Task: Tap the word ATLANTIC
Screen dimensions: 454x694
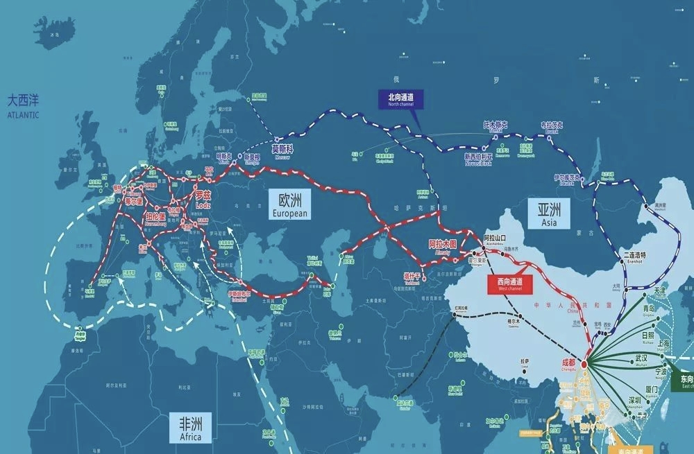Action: [24, 115]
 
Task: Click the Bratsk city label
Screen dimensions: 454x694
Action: [552, 127]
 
